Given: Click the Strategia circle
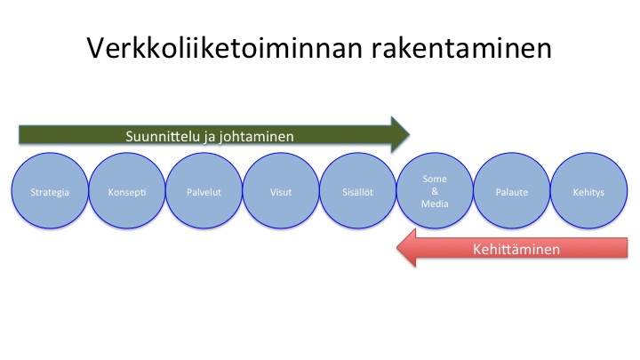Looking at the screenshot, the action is [50, 190].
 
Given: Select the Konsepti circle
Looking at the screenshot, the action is [127, 190].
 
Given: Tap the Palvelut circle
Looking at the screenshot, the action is [204, 190].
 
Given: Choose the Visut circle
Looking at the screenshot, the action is [281, 190].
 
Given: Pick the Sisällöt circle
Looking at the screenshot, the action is [357, 190].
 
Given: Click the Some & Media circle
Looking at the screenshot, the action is [435, 190].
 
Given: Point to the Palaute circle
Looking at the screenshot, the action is [512, 190].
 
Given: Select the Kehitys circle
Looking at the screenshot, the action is [588, 190].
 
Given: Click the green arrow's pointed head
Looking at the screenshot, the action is [410, 134].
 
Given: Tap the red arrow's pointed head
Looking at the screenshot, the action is [397, 248].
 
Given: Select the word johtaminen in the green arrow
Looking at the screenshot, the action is [256, 137].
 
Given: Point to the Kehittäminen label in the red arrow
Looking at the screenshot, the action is [516, 249].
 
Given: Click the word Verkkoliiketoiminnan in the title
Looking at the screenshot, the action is [225, 48].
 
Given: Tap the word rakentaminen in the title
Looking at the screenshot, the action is [461, 48].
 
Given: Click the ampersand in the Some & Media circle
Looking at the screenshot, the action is [435, 191].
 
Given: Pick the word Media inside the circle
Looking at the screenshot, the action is [435, 204].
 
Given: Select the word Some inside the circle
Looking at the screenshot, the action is [435, 179].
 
